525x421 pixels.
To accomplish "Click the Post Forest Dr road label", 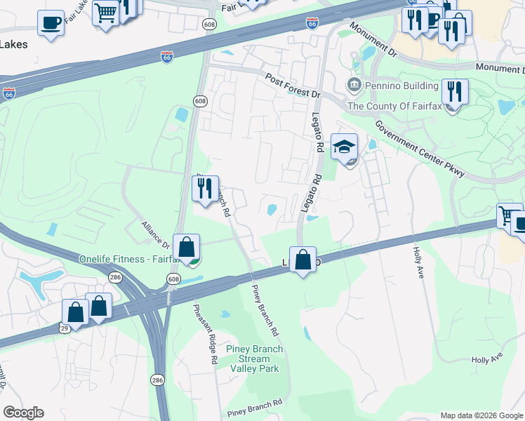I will [x=293, y=84].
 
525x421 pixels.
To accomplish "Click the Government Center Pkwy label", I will [x=419, y=148].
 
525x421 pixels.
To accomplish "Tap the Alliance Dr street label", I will [x=155, y=234].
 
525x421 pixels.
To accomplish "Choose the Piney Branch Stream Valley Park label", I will [x=255, y=359].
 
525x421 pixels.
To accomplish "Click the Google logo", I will [x=23, y=413].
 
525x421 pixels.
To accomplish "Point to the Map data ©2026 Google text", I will [x=481, y=415].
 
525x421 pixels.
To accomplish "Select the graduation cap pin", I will [x=345, y=147].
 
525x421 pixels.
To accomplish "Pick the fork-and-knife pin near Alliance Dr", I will [x=205, y=189].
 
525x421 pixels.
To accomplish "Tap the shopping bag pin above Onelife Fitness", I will [x=186, y=248].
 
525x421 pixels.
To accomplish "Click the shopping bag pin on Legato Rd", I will [x=303, y=260].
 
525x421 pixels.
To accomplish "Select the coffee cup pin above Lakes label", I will [x=51, y=23].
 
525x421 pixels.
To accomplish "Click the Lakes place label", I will [x=14, y=44].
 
